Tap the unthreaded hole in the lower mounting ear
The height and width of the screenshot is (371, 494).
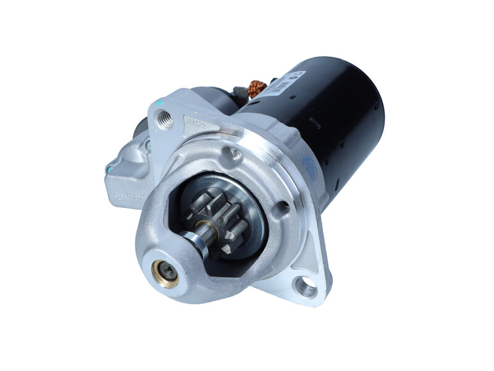[x=305, y=286]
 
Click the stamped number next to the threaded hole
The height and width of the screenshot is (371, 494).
[x=196, y=122]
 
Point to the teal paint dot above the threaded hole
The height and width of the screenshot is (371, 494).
[x=159, y=102]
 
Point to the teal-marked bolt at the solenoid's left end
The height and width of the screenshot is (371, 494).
[x=111, y=168]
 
